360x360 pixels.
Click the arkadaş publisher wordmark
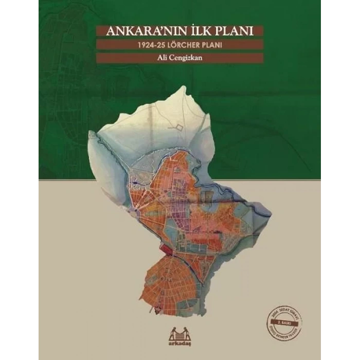point(179,340)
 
